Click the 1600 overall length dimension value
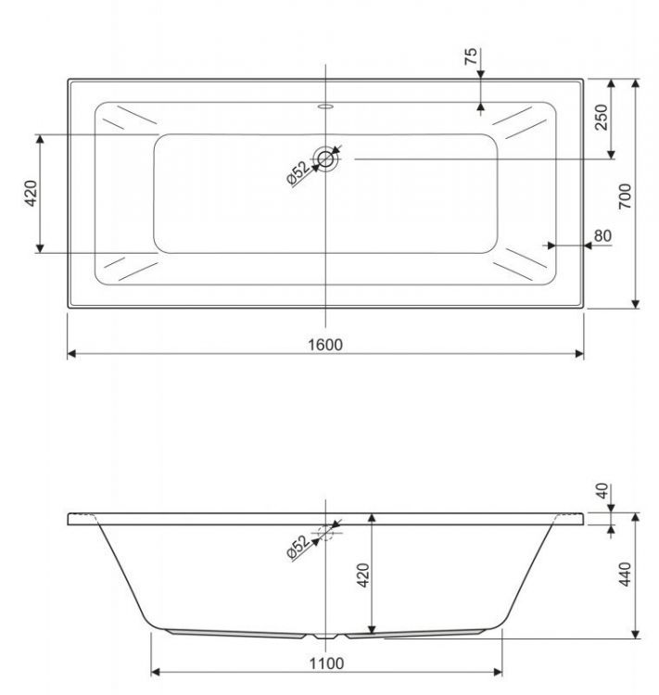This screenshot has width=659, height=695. (x=325, y=345)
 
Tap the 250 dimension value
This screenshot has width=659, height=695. (x=602, y=119)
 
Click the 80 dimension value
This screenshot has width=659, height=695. (x=603, y=236)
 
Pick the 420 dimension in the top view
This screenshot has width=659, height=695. (x=30, y=193)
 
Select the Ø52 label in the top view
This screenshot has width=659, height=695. (x=298, y=173)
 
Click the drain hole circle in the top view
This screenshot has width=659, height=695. (x=326, y=158)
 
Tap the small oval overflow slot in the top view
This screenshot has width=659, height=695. (x=325, y=106)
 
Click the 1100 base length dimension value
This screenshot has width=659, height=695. (x=325, y=663)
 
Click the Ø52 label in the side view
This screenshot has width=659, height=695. (x=298, y=548)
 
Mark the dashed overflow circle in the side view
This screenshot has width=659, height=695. (x=326, y=533)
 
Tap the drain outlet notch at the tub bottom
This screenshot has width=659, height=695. (x=326, y=638)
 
